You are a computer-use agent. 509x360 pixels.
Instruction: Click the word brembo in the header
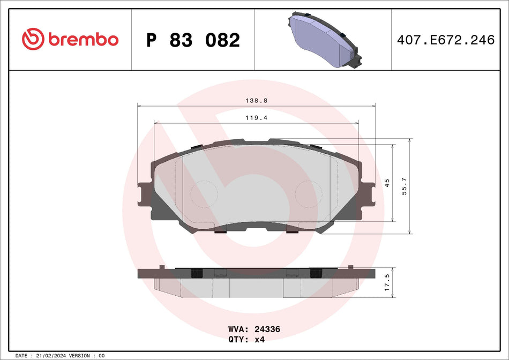[83, 40]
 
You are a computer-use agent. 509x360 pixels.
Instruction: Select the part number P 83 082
[193, 40]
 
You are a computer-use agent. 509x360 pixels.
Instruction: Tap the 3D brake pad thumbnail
[323, 40]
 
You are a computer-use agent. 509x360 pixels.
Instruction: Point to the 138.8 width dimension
[257, 100]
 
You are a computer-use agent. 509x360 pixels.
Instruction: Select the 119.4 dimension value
[257, 117]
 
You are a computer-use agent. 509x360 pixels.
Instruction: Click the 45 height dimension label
[387, 183]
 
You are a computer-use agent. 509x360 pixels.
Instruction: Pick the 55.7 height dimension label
[404, 186]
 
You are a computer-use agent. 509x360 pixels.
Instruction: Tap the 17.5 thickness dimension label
[387, 282]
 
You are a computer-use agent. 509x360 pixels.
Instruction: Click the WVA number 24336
[267, 329]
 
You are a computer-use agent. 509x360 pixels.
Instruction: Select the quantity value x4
[260, 340]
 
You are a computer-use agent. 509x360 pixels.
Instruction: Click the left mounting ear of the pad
[145, 193]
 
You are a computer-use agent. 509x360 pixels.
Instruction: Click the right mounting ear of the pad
[368, 193]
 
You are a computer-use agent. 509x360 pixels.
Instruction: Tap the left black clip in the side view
[196, 273]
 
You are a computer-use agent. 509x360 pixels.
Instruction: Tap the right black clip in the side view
[316, 273]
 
